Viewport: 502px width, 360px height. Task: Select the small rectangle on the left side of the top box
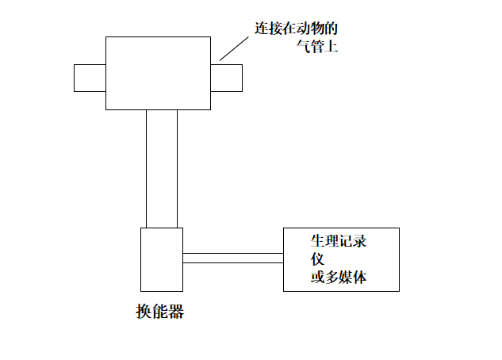90,78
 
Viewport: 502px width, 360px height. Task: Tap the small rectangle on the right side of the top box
226,78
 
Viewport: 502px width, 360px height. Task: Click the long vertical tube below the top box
162,168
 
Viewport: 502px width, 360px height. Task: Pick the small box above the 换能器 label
162,259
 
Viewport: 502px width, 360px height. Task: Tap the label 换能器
159,312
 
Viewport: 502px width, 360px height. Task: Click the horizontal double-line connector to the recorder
233,258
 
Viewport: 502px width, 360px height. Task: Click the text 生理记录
338,241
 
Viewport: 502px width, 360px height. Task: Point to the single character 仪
316,259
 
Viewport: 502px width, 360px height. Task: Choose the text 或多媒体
338,278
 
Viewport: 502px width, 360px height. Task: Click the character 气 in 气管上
298,48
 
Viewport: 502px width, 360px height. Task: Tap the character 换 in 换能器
144,312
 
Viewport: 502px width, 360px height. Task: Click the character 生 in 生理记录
316,241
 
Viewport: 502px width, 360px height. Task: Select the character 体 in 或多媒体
359,278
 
